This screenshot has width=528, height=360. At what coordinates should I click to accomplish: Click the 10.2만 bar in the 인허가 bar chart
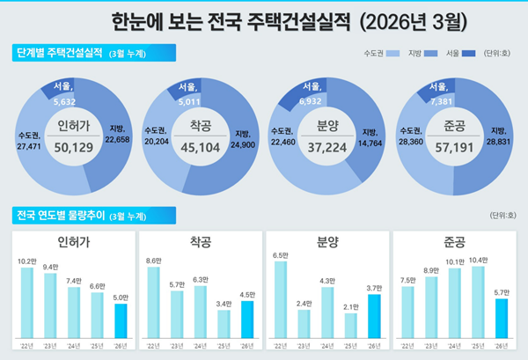pyautogui.click(x=27, y=299)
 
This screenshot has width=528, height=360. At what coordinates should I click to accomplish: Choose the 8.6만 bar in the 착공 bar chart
pyautogui.click(x=154, y=299)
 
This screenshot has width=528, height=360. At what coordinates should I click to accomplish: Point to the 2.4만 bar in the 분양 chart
pyautogui.click(x=304, y=323)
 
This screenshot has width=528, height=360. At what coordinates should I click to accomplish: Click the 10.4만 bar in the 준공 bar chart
pyautogui.click(x=479, y=299)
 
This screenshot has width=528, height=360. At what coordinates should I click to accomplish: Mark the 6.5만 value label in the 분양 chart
pyautogui.click(x=281, y=255)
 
